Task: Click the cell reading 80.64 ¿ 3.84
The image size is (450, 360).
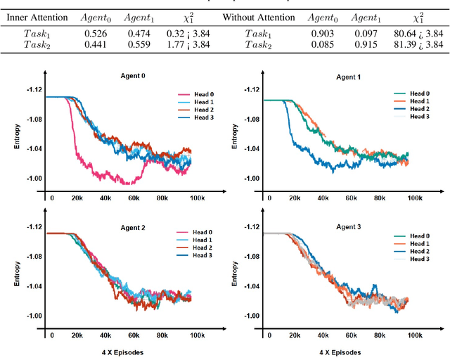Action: [x=418, y=32]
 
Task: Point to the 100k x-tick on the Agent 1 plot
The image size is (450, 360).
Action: [x=416, y=198]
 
